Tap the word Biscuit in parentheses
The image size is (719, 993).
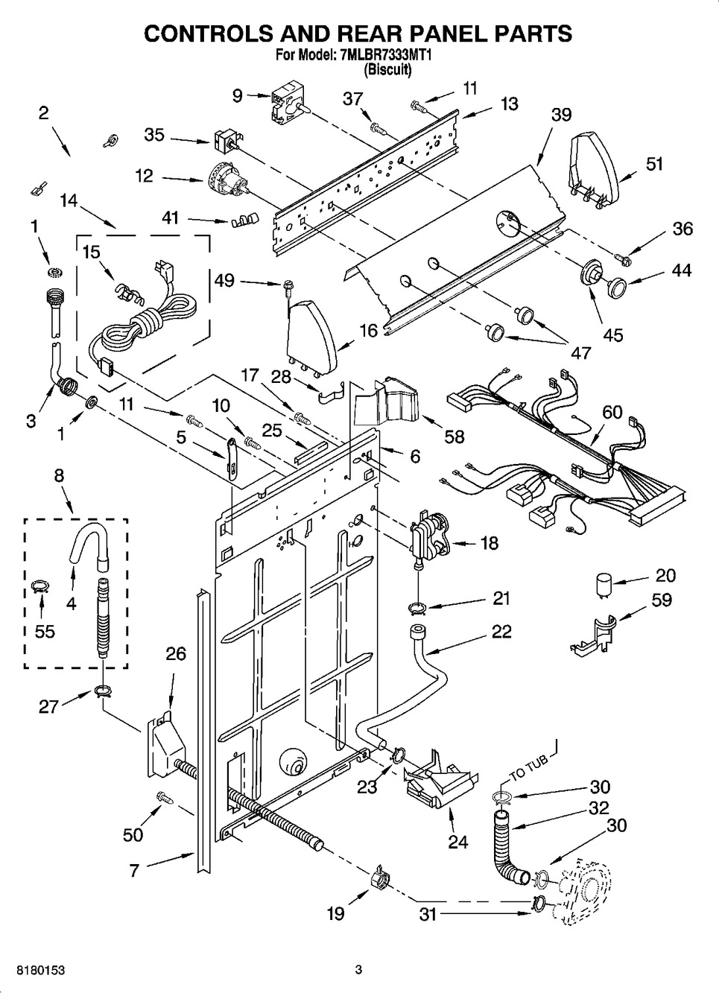[x=387, y=69]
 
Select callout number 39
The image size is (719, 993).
[x=561, y=115]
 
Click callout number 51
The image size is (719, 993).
[x=654, y=164]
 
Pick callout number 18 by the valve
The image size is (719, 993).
[x=489, y=542]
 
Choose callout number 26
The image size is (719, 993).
[x=176, y=654]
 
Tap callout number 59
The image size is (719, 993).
[x=661, y=599]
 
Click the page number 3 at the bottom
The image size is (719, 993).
[x=358, y=970]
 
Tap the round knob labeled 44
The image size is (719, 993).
[x=615, y=286]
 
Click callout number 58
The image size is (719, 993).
[x=454, y=436]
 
